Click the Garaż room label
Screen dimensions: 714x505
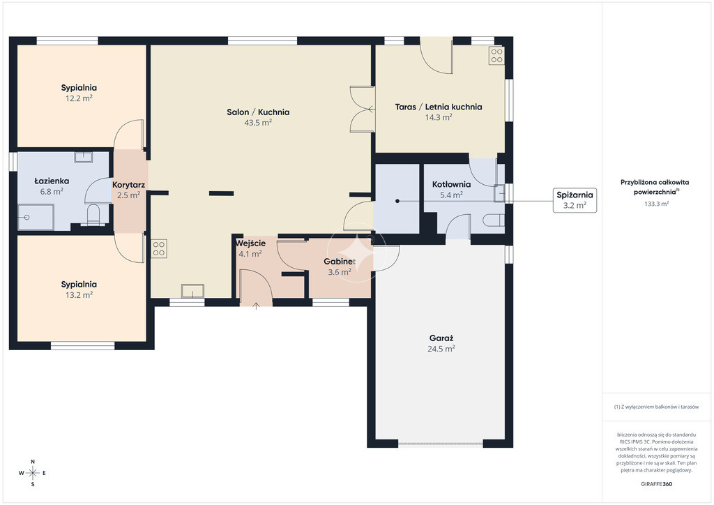pyautogui.click(x=441, y=338)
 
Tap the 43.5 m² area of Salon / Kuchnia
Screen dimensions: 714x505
pyautogui.click(x=258, y=123)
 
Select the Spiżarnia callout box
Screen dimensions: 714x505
pyautogui.click(x=575, y=200)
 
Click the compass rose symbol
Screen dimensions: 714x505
pyautogui.click(x=33, y=473)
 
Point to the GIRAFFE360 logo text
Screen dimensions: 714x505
pyautogui.click(x=656, y=484)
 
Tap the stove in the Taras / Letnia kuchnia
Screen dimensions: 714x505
pyautogui.click(x=496, y=56)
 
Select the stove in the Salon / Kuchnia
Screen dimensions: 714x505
pyautogui.click(x=159, y=248)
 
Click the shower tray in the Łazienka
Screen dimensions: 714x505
pyautogui.click(x=36, y=217)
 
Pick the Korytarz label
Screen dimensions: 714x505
pyautogui.click(x=129, y=185)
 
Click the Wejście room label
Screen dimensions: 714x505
pyautogui.click(x=250, y=243)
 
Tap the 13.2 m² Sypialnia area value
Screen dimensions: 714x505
pyautogui.click(x=79, y=295)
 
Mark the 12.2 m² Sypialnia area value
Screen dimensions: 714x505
pyautogui.click(x=79, y=98)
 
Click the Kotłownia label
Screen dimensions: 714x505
pyautogui.click(x=451, y=184)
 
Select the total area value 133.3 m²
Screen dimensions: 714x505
pyautogui.click(x=656, y=204)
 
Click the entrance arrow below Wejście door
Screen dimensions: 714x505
pyautogui.click(x=256, y=306)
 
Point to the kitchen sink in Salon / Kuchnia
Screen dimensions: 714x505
pyautogui.click(x=192, y=291)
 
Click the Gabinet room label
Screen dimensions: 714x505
pyautogui.click(x=340, y=262)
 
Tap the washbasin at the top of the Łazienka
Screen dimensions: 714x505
pyautogui.click(x=84, y=157)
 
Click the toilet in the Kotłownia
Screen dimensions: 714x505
pyautogui.click(x=493, y=220)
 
